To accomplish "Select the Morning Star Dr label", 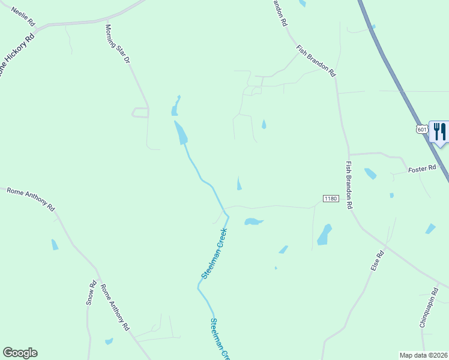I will (118, 44).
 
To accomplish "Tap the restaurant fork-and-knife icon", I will (440, 132).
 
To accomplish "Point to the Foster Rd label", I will (421, 170).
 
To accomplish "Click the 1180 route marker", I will (331, 199).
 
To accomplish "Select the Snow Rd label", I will (91, 293).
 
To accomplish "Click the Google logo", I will (20, 353).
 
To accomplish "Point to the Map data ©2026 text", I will (423, 355).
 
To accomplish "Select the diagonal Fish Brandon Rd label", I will (316, 61).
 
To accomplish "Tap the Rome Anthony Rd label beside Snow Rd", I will (115, 307).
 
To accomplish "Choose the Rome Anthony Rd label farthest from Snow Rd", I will (31, 199).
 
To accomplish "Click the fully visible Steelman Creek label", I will (214, 253).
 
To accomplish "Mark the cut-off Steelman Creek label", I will (220, 339).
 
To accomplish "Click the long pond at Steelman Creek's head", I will (180, 132).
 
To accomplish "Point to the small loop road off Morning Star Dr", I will (140, 112).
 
